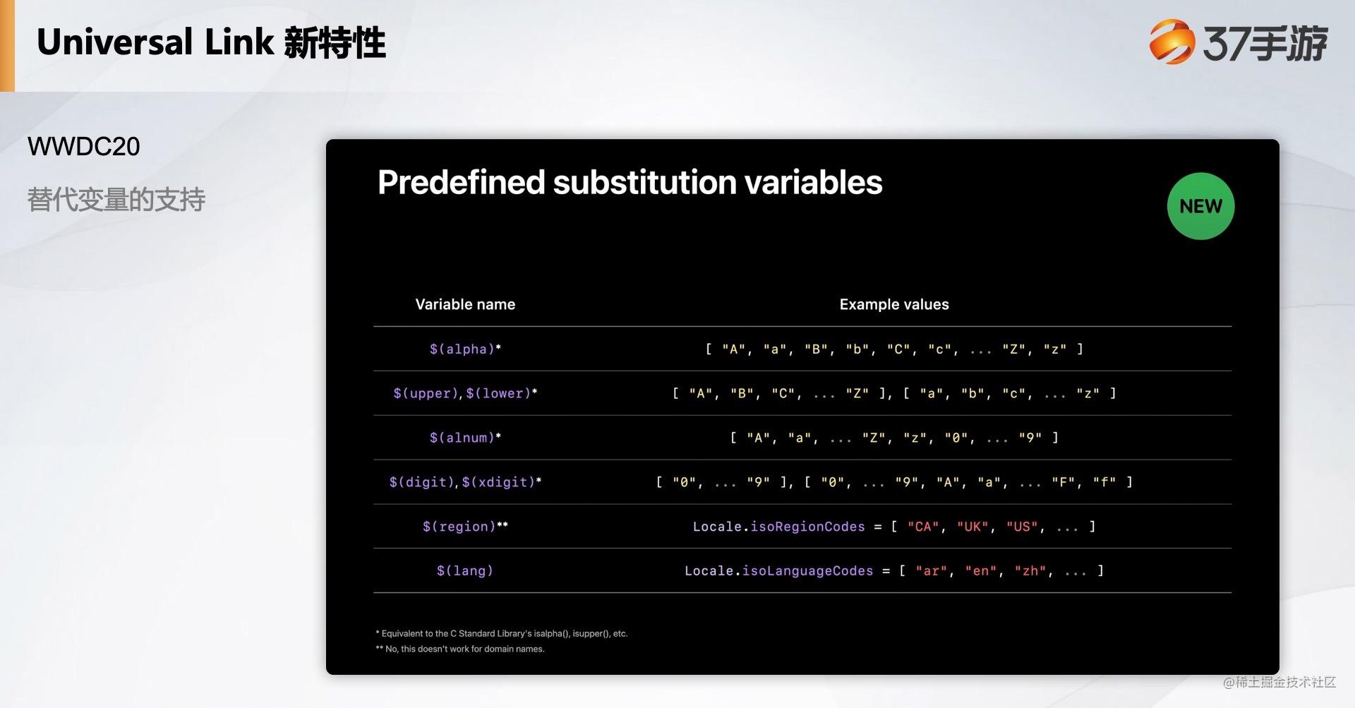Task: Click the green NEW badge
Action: click(x=1200, y=206)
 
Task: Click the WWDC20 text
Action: click(x=83, y=147)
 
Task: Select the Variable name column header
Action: click(x=465, y=304)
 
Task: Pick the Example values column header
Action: click(x=894, y=304)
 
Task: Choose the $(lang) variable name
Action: click(x=465, y=570)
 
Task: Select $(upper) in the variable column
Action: click(x=426, y=393)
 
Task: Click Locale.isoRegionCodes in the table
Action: click(x=778, y=527)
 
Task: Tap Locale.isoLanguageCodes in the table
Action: click(x=778, y=570)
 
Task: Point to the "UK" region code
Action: click(x=972, y=527)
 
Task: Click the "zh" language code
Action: click(x=1030, y=570)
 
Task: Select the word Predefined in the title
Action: click(x=462, y=182)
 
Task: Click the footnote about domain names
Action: click(x=460, y=649)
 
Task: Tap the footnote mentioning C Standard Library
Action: click(x=502, y=633)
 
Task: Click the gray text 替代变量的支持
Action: click(x=116, y=200)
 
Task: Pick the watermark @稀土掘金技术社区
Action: click(x=1279, y=682)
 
